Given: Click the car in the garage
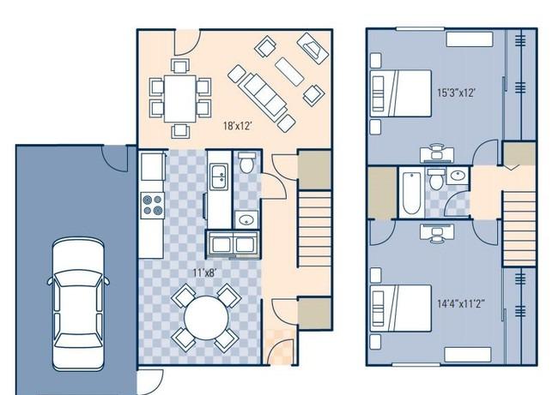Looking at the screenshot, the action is (x=78, y=304).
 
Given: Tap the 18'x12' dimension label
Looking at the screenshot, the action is (x=238, y=126).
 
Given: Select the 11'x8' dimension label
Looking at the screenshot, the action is (x=204, y=272).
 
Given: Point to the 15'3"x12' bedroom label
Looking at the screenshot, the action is (x=456, y=93).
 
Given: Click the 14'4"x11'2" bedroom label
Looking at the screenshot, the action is (x=461, y=303).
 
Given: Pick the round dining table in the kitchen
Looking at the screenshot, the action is (x=206, y=317).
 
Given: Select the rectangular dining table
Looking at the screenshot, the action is (x=180, y=99).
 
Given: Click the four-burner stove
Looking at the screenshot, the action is (x=153, y=206).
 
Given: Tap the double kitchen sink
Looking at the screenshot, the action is (x=219, y=177).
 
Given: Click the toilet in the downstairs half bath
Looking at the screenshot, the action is (x=246, y=163).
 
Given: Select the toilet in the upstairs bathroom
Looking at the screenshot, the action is (x=436, y=179).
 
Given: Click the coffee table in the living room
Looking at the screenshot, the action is (x=289, y=72).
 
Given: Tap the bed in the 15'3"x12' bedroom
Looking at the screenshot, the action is (x=401, y=93).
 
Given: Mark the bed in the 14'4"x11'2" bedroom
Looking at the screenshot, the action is (x=401, y=308).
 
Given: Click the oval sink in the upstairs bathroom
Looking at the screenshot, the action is (x=457, y=175).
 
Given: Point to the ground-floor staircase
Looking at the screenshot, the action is (x=314, y=229).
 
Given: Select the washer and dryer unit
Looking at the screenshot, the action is (x=234, y=244).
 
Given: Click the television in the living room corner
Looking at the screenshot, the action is (x=312, y=48).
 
